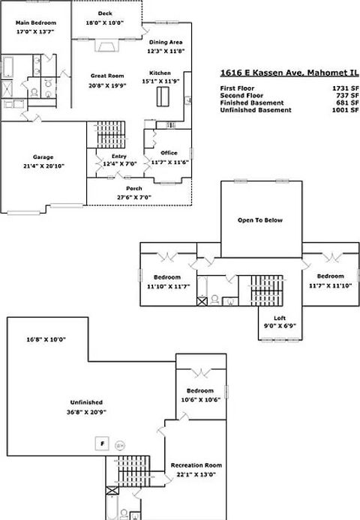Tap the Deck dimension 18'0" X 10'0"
pyautogui.click(x=106, y=23)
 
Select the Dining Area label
pyautogui.click(x=166, y=42)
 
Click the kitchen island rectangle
pyautogui.click(x=161, y=97)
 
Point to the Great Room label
pyautogui.click(x=106, y=75)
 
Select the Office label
pyautogui.click(x=169, y=153)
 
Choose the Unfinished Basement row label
pyautogui.click(x=256, y=110)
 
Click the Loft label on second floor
pyautogui.click(x=280, y=318)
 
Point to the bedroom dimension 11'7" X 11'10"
pyautogui.click(x=330, y=285)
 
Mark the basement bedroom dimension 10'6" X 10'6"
pyautogui.click(x=199, y=399)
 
